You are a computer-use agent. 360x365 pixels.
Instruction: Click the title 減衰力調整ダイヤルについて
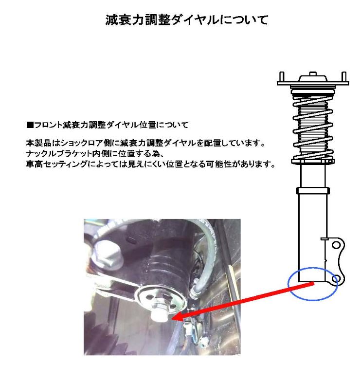coord(187,20)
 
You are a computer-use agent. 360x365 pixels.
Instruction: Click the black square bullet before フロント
coord(30,125)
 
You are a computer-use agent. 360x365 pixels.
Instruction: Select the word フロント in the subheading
coord(48,125)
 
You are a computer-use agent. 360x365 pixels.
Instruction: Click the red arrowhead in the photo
coord(179,317)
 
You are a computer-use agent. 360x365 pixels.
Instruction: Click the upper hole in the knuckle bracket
coord(336,245)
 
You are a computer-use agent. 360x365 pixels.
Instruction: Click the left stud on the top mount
coord(282,76)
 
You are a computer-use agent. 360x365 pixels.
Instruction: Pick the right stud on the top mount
coord(344,76)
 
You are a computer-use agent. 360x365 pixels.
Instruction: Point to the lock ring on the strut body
coord(313,190)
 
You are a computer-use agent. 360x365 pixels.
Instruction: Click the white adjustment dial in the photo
coord(158,315)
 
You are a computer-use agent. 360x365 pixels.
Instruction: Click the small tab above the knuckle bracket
coord(324,239)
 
